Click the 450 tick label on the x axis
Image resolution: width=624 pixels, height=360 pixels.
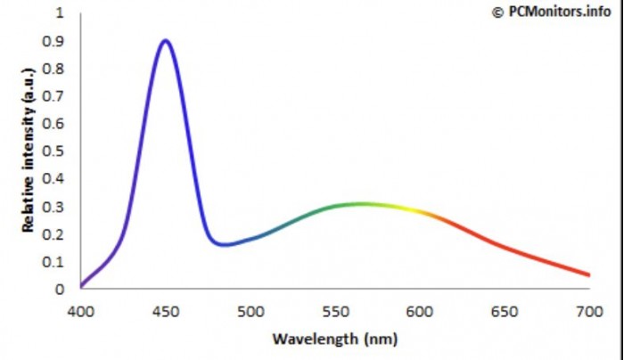pyautogui.click(x=165, y=311)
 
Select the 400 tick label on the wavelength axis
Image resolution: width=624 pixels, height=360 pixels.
pyautogui.click(x=80, y=311)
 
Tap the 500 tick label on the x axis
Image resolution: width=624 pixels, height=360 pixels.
pyautogui.click(x=250, y=311)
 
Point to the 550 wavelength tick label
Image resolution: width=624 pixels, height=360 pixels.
pyautogui.click(x=335, y=311)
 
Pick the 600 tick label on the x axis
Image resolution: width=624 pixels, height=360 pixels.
pyautogui.click(x=420, y=311)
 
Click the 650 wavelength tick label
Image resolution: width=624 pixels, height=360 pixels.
pyautogui.click(x=505, y=311)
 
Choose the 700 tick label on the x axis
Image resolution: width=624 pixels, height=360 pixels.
pyautogui.click(x=589, y=311)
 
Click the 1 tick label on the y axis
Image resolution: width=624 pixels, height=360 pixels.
pyautogui.click(x=60, y=14)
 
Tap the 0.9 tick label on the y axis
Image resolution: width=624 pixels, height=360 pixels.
pyautogui.click(x=55, y=42)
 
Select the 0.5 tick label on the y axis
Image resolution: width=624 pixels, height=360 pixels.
pyautogui.click(x=55, y=151)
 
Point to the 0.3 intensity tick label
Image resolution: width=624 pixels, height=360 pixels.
pyautogui.click(x=55, y=207)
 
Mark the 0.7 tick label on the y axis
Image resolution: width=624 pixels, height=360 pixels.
pyautogui.click(x=55, y=97)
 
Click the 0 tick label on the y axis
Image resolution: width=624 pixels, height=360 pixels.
pyautogui.click(x=60, y=289)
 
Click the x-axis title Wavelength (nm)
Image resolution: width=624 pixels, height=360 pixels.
pyautogui.click(x=335, y=340)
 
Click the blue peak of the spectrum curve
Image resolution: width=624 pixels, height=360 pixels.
pyautogui.click(x=165, y=40)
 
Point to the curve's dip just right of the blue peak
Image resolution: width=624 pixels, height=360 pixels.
pyautogui.click(x=222, y=243)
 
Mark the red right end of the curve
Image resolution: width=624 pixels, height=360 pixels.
pyautogui.click(x=587, y=274)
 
